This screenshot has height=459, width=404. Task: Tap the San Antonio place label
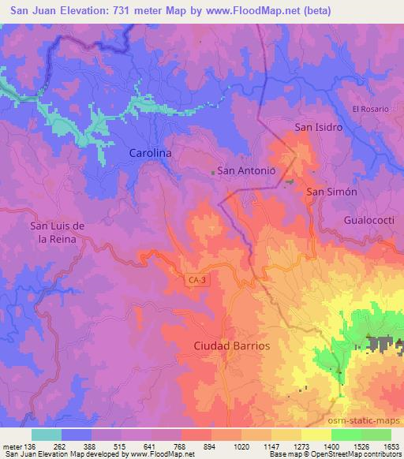click(x=246, y=170)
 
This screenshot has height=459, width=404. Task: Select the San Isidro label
click(x=318, y=126)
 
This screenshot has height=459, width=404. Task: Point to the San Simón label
click(x=332, y=192)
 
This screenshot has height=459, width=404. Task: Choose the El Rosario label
click(x=371, y=109)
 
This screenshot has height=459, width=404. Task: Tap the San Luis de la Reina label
click(x=56, y=233)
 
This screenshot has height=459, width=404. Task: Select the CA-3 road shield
click(x=199, y=279)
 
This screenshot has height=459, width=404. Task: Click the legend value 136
click(x=30, y=447)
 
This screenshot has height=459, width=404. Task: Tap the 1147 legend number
click(x=272, y=447)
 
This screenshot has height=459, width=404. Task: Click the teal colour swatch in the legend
click(x=46, y=435)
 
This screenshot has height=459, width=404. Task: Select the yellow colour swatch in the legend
click(x=316, y=435)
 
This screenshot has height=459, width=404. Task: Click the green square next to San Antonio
click(x=211, y=170)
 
